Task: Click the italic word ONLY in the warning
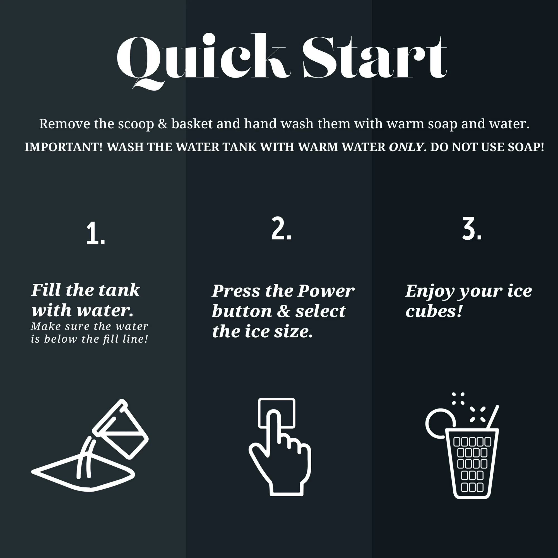(406, 147)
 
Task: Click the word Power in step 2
(326, 291)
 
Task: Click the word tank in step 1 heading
(123, 290)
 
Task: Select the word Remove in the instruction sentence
(65, 124)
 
